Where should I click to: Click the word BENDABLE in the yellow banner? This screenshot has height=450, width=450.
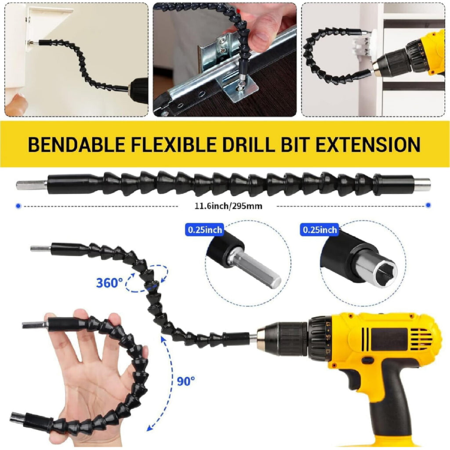tap(76, 144)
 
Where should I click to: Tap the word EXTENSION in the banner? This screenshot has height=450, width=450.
tap(368, 144)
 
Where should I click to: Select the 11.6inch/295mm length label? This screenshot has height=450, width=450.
tap(228, 206)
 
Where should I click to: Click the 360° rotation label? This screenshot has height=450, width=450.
tap(109, 283)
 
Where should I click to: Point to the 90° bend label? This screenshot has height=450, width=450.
tap(186, 381)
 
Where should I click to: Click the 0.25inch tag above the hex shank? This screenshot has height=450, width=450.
tap(205, 230)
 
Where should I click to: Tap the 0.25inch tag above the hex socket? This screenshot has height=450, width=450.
tap(319, 230)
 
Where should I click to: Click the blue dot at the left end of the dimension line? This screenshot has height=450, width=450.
tap(18, 206)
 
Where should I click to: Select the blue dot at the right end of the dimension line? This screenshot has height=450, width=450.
tap(428, 205)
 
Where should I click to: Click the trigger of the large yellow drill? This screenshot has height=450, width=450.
tap(354, 378)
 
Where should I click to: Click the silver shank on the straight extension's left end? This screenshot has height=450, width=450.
tap(32, 185)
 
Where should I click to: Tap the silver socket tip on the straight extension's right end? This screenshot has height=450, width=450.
tap(422, 185)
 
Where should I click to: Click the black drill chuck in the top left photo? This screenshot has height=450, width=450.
tap(139, 90)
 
